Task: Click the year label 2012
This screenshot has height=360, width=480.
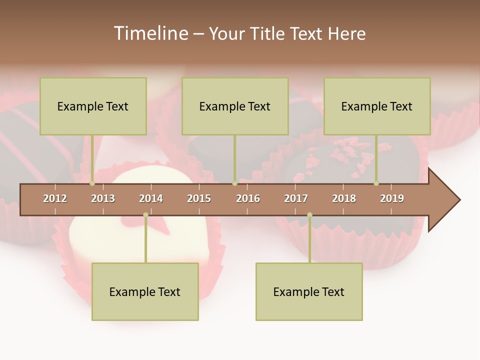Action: point(55,198)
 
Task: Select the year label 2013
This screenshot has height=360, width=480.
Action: point(103,198)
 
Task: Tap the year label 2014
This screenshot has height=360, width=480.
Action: point(151,198)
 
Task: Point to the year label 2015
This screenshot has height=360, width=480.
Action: point(199,198)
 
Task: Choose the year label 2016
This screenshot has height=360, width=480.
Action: point(248,198)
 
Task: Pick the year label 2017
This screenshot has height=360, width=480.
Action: point(296,198)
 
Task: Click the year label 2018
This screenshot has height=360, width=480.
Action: point(344,198)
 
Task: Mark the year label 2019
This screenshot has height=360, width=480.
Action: point(392,198)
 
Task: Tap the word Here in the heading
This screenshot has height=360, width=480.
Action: point(346,33)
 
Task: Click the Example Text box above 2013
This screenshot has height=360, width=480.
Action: point(93,106)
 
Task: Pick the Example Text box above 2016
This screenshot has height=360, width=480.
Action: point(235,106)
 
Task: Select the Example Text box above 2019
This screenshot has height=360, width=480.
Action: point(377,106)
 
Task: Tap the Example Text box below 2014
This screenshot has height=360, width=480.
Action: point(145,291)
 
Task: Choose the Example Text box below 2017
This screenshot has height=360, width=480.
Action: point(309,291)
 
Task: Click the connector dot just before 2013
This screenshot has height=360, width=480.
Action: point(92,183)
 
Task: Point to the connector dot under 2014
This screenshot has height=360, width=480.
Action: point(145,215)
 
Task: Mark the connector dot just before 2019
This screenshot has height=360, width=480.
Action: point(376,183)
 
